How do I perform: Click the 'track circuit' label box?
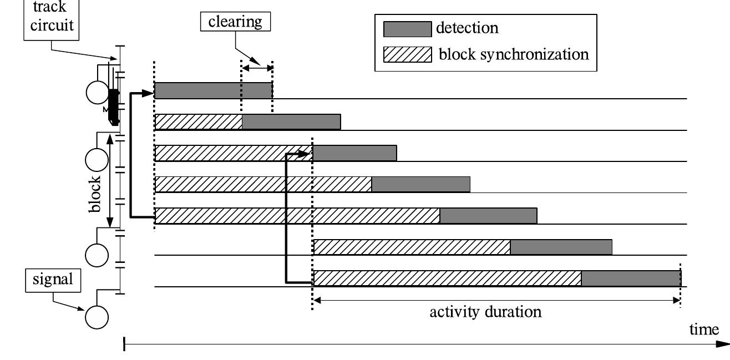pyautogui.click(x=51, y=17)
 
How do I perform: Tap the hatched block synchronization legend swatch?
pyautogui.click(x=407, y=54)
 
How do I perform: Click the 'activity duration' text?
pyautogui.click(x=485, y=312)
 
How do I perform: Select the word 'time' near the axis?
pyautogui.click(x=704, y=329)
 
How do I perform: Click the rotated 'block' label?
pyautogui.click(x=95, y=194)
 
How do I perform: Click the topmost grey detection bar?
pyautogui.click(x=213, y=90)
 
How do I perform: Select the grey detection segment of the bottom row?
pyautogui.click(x=631, y=278)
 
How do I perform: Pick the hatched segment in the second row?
pyautogui.click(x=199, y=122)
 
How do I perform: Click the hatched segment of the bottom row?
pyautogui.click(x=447, y=278)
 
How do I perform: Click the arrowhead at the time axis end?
pyautogui.click(x=722, y=344)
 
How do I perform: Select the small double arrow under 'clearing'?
pyautogui.click(x=257, y=68)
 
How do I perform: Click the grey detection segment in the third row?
pyautogui.click(x=354, y=153)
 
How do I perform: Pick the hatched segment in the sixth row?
pyautogui.click(x=412, y=247)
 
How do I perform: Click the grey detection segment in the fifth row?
pyautogui.click(x=488, y=216)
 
